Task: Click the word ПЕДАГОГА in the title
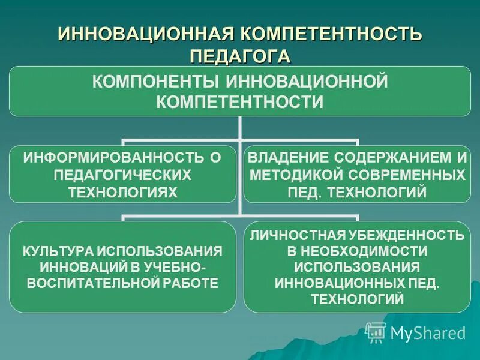[x=239, y=55]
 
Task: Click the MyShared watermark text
[x=428, y=332]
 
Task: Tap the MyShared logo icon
[x=376, y=331]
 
